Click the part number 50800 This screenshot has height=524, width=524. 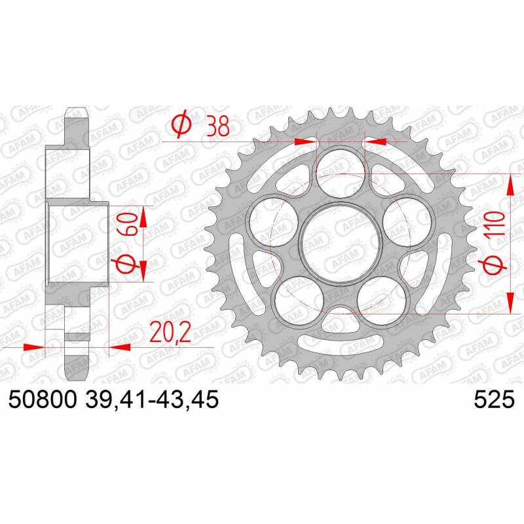43,400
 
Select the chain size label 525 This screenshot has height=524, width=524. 494,400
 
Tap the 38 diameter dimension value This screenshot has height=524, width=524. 218,126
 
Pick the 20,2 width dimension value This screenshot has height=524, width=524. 170,332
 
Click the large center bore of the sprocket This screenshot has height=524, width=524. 340,243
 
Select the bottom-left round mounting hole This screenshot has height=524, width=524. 299,301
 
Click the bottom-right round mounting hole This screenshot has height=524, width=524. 382,301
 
